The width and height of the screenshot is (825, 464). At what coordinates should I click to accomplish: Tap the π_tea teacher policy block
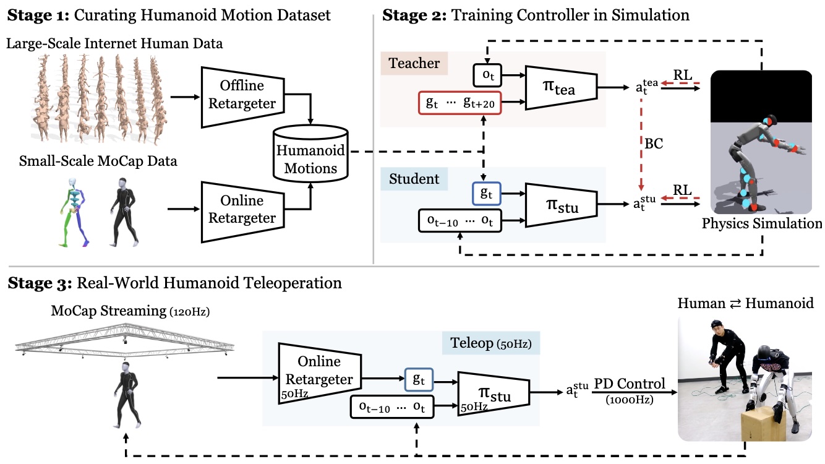pos(560,90)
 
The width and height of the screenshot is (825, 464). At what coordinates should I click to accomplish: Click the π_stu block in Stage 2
pos(560,206)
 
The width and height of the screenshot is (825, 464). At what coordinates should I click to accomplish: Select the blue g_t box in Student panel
pos(487,193)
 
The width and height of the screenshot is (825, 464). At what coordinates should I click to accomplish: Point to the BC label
pos(655,143)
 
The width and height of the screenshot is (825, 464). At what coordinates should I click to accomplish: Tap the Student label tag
pos(414,179)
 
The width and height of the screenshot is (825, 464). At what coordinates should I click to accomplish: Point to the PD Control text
pos(630,384)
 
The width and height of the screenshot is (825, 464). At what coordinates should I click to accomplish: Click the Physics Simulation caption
pos(762,223)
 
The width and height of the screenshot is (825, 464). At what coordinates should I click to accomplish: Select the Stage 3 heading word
pos(37,284)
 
